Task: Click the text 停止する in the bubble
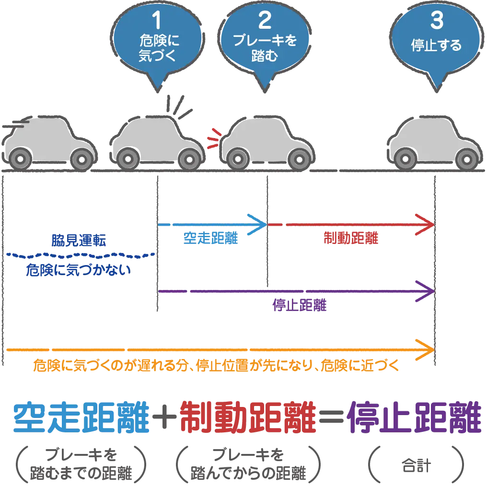coord(436,46)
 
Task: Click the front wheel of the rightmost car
coord(467,158)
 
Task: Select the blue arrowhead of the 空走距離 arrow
coord(259,223)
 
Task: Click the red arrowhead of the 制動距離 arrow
coord(426,223)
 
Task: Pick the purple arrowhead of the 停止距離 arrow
coord(426,291)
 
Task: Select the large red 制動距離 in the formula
coord(248,417)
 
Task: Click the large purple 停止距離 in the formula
coord(414,417)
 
